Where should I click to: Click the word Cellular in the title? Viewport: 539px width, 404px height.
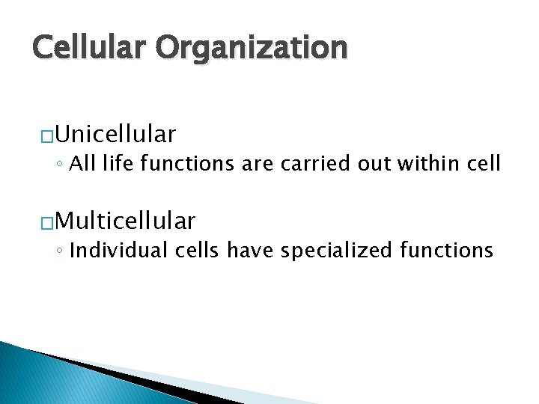click(x=89, y=48)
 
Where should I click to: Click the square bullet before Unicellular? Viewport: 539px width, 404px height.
click(x=45, y=135)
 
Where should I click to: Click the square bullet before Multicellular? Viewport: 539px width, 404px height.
click(x=45, y=221)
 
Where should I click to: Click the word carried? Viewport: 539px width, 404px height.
click(x=323, y=162)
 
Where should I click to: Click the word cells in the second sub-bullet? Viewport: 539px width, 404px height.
click(x=198, y=249)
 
